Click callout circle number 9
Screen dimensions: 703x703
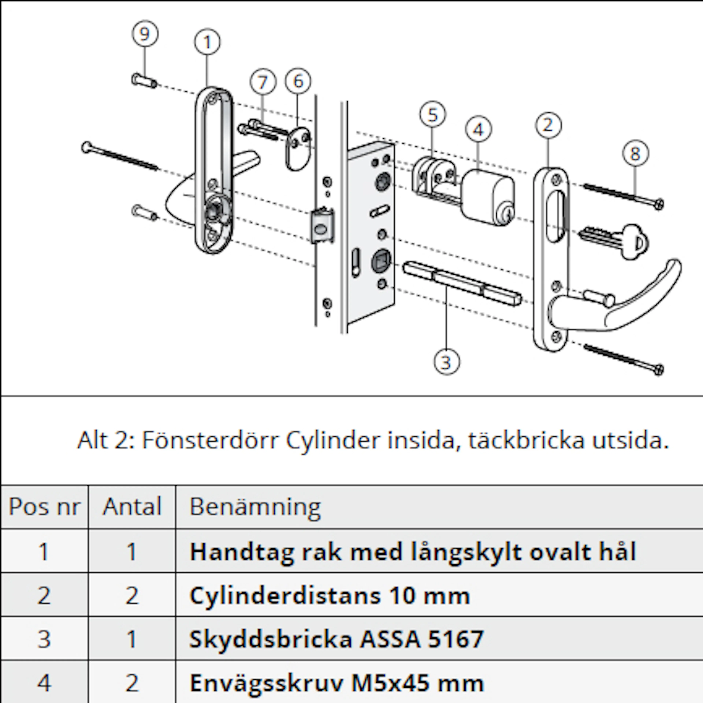145,34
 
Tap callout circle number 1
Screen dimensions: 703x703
207,42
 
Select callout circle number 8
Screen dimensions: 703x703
635,153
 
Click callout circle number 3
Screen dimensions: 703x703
447,362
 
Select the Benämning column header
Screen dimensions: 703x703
255,507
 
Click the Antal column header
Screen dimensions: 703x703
132,507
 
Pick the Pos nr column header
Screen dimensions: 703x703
44,507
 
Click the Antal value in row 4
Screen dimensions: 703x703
132,683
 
